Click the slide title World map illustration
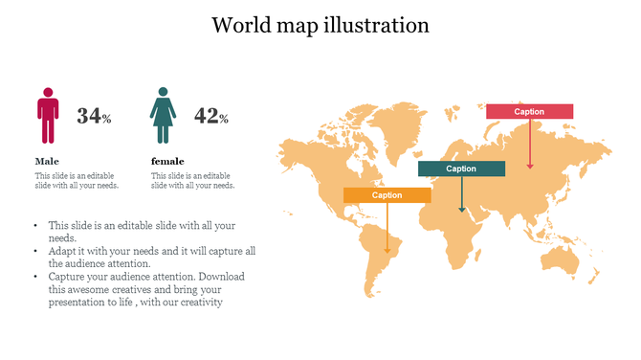click(x=320, y=25)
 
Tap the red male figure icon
click(x=48, y=116)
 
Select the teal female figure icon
click(x=163, y=116)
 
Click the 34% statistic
click(x=94, y=117)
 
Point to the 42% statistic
click(x=210, y=117)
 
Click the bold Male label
click(x=47, y=161)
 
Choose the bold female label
click(x=167, y=161)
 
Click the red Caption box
click(x=529, y=112)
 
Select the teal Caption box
click(x=461, y=169)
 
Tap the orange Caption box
click(x=387, y=195)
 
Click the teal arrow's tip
click(x=462, y=211)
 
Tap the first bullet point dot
click(x=35, y=226)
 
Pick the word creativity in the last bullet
click(x=199, y=303)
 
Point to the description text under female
click(x=192, y=181)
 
